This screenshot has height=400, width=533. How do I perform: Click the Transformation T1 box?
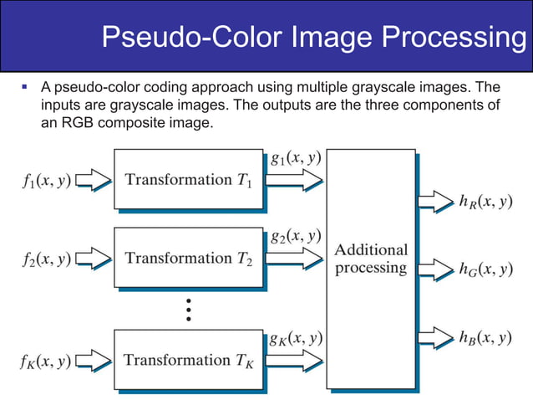click(188, 178)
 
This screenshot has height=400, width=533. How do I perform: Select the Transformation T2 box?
click(188, 259)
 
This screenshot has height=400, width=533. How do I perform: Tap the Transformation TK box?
click(188, 361)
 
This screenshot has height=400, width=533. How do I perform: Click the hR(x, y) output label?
click(485, 202)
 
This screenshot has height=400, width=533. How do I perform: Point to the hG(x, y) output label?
click(485, 269)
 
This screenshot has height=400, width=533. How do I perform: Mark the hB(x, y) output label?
click(485, 338)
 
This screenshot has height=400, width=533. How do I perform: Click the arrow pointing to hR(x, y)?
click(434, 202)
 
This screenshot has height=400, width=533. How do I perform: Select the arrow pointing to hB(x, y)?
click(434, 338)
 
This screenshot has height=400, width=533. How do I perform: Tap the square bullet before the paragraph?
click(25, 86)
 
